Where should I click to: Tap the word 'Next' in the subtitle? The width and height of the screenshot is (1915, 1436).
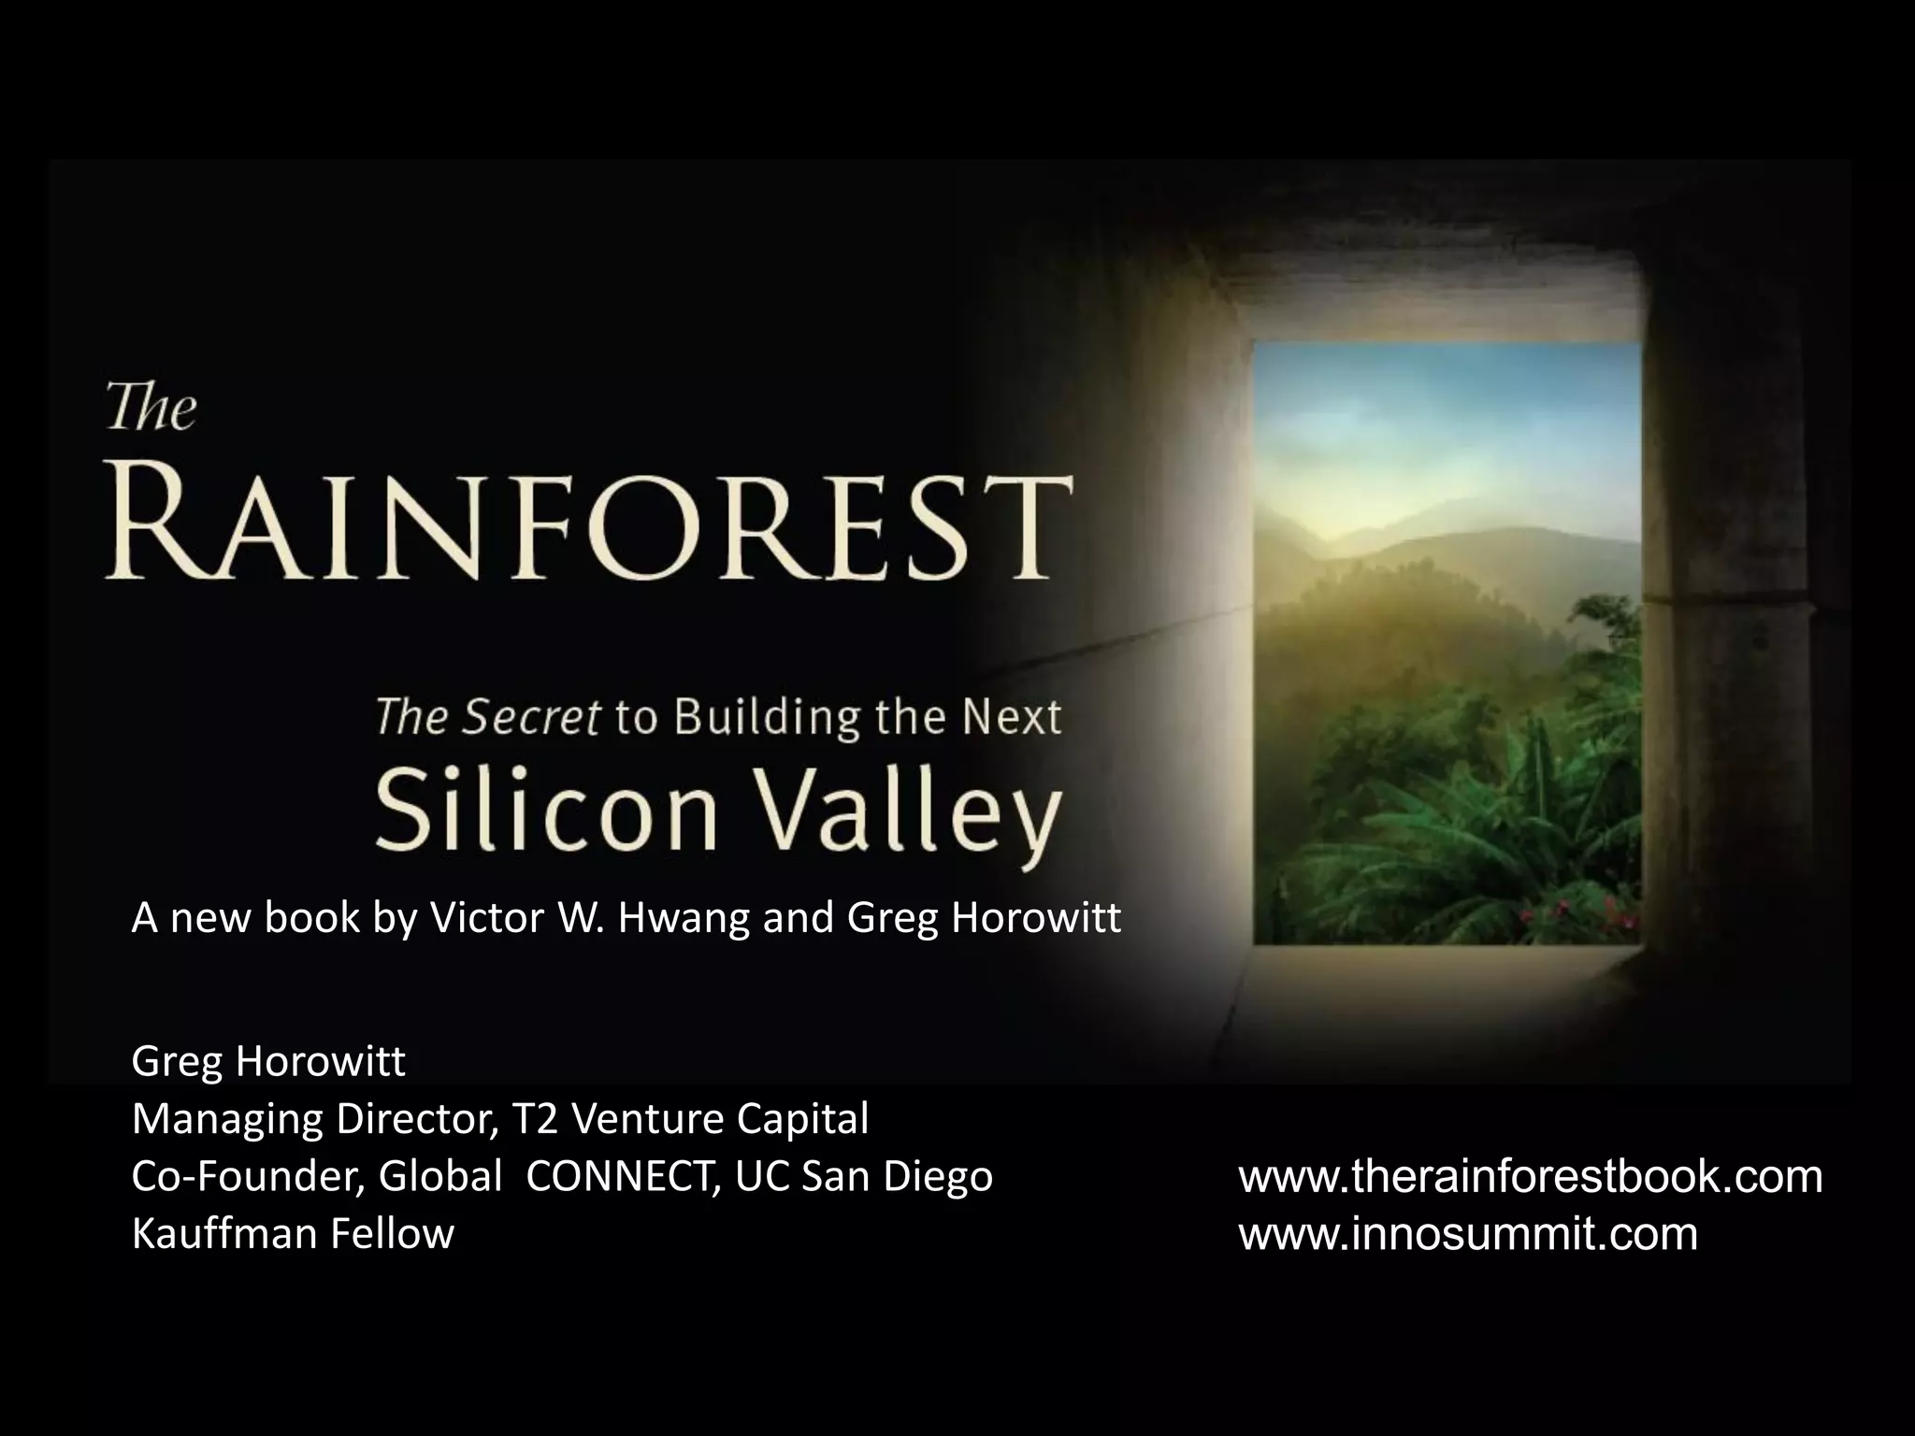[x=1015, y=718]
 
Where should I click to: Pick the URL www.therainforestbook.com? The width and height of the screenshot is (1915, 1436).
[x=1531, y=1176]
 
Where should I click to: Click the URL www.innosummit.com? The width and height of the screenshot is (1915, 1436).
[x=1468, y=1234]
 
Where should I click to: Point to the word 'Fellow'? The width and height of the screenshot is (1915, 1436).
[x=393, y=1234]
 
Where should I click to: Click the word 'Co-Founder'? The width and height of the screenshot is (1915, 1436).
[x=249, y=1176]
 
